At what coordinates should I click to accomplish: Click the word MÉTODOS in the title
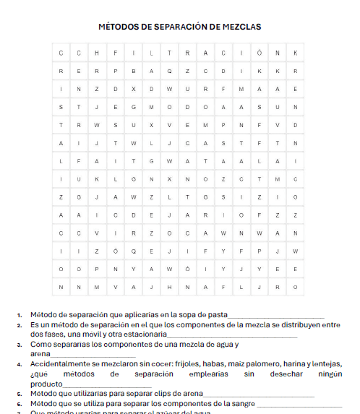tap(119, 27)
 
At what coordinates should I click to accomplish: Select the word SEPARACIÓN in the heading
tap(179, 27)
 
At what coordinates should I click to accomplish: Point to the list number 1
tap(20, 315)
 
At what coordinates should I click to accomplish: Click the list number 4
tap(20, 365)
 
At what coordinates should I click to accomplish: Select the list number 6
tap(20, 403)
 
